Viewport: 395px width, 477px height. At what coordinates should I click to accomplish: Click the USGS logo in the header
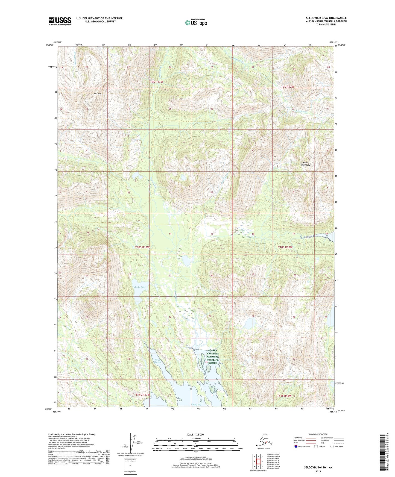click(x=60, y=21)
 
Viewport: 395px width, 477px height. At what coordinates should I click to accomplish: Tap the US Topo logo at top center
click(x=196, y=22)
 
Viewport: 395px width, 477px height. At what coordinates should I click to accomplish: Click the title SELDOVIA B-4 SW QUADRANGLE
click(x=326, y=18)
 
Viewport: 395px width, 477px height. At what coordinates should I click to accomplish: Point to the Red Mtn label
click(x=97, y=94)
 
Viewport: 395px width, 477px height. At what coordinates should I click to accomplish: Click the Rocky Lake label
click(x=140, y=287)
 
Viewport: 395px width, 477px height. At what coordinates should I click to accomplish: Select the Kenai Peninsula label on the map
click(x=305, y=164)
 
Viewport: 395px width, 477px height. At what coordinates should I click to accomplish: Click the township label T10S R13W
click(x=142, y=247)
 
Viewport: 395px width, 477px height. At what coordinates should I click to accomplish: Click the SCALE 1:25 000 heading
click(x=195, y=434)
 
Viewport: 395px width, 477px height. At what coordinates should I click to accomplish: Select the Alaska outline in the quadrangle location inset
click(x=262, y=440)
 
